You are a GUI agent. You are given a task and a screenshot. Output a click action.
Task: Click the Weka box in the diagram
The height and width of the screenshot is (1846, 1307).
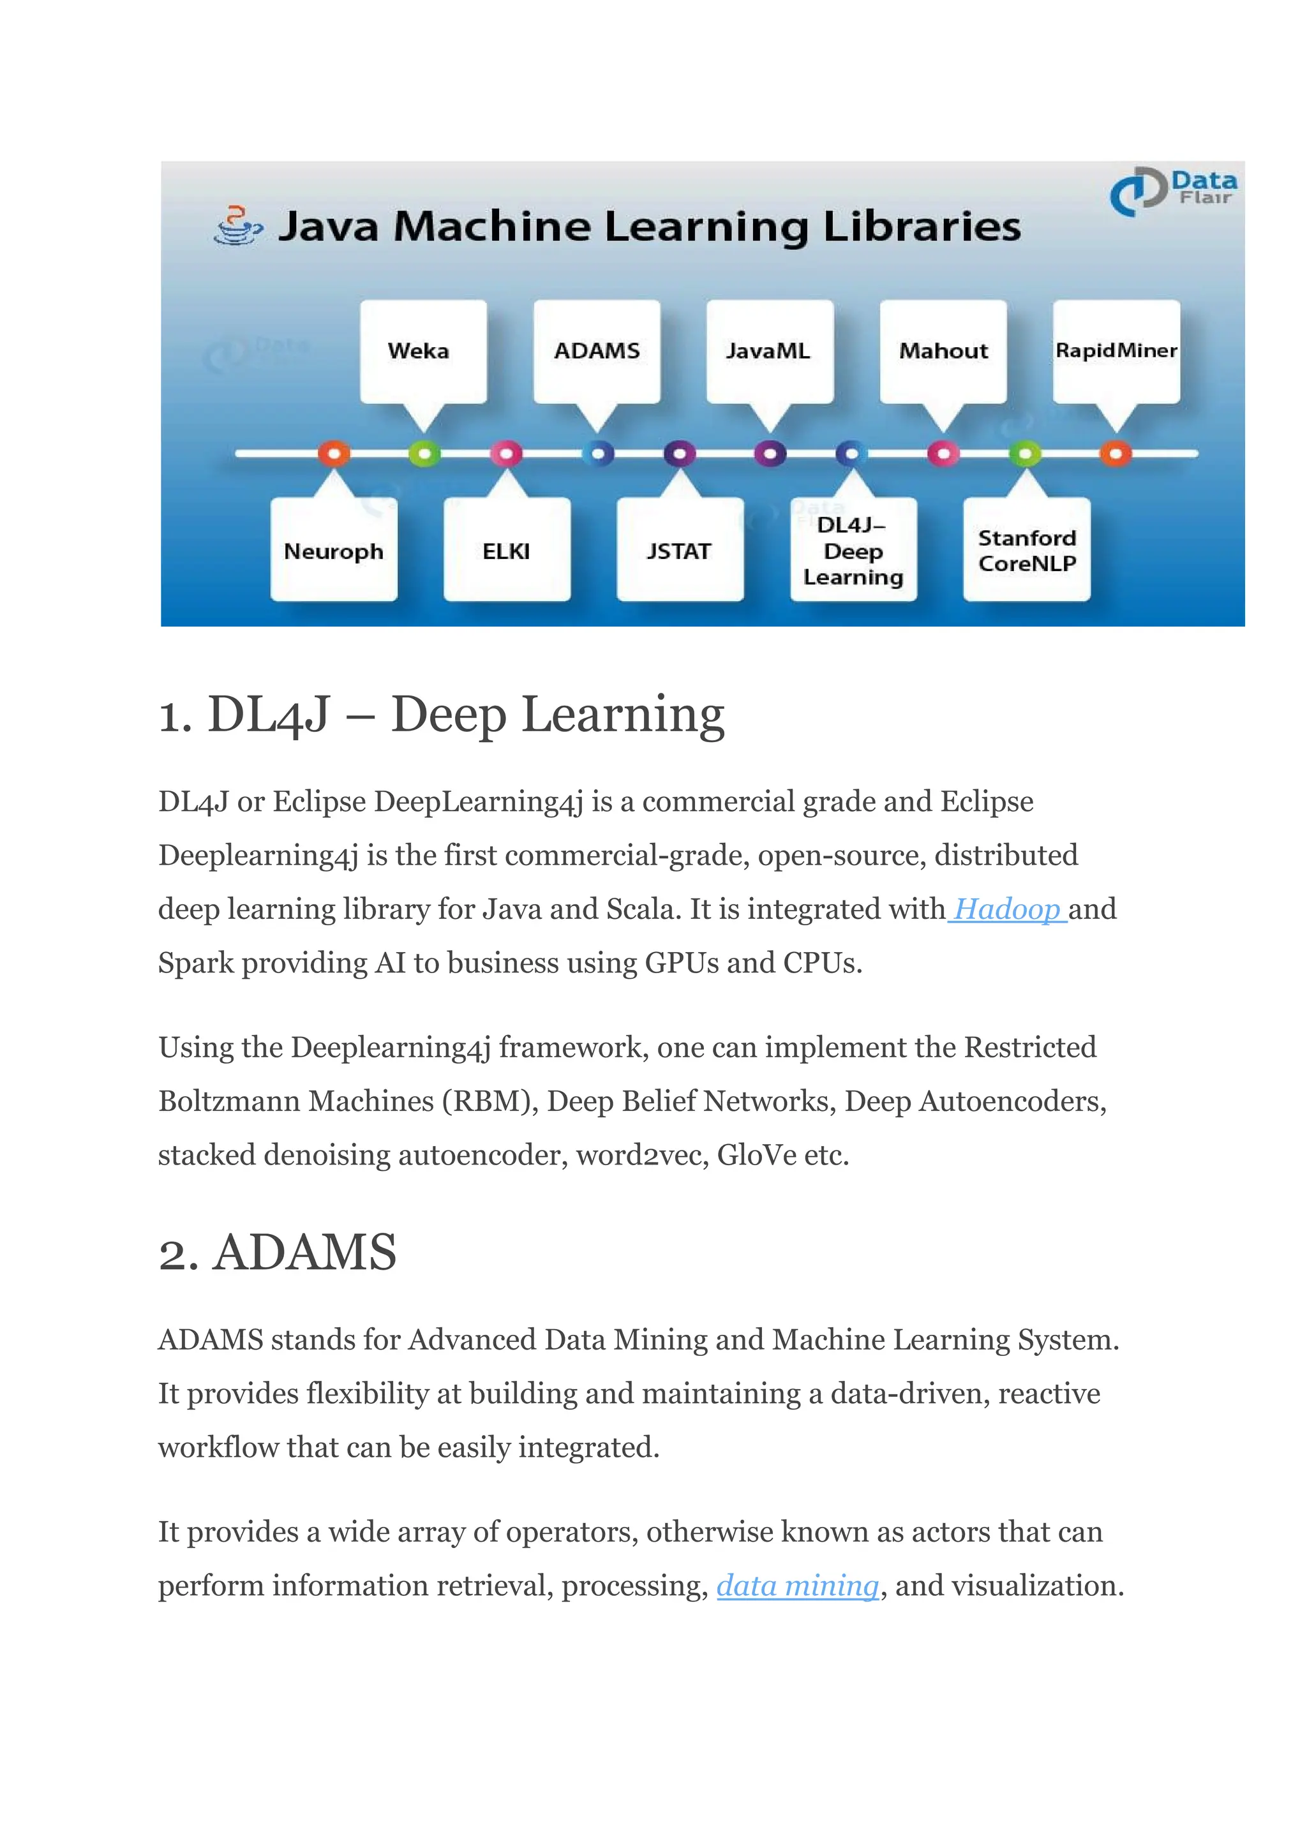pos(422,351)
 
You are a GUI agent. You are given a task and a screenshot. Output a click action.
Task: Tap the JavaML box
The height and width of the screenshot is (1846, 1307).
pos(770,351)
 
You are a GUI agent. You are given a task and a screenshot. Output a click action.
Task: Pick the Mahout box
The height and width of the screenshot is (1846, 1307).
pos(943,351)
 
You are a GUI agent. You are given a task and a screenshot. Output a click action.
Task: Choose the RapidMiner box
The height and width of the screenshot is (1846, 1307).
pos(1116,351)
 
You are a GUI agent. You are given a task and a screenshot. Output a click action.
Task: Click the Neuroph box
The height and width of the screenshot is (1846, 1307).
pos(333,551)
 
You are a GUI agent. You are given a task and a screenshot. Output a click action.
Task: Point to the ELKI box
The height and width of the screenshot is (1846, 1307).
pos(506,551)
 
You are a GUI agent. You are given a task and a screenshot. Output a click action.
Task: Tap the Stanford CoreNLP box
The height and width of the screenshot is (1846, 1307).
pos(1027,551)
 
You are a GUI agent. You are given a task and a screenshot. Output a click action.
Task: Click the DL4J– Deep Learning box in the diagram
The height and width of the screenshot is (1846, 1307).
pos(853,551)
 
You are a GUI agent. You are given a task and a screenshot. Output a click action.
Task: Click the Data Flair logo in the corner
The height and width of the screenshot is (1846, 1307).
pos(1174,190)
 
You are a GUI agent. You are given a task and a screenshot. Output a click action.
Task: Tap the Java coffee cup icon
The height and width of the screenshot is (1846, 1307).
pos(237,225)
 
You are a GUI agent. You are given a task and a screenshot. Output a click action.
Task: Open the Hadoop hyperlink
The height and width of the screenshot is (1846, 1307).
pos(1007,909)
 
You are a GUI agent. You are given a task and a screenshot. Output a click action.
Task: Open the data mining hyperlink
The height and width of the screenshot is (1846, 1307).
pos(798,1585)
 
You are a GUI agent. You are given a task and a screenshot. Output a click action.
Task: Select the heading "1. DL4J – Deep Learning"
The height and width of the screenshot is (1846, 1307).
pos(442,714)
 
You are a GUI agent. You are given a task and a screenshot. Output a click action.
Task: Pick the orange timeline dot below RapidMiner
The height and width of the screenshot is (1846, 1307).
pos(1116,454)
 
